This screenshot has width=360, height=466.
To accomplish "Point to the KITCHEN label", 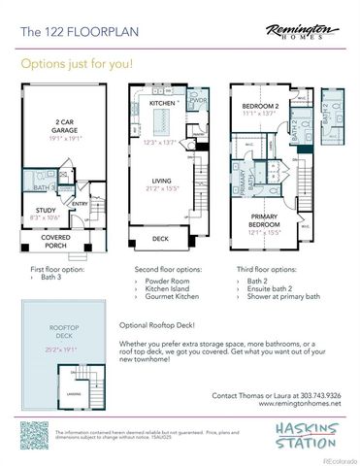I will (161, 103).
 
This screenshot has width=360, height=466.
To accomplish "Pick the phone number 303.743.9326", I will (320, 396).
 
